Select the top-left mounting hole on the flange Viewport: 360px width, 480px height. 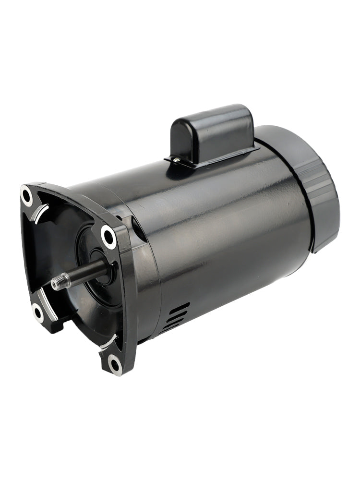click(x=27, y=195)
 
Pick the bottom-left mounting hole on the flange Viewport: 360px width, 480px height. click(x=38, y=312)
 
